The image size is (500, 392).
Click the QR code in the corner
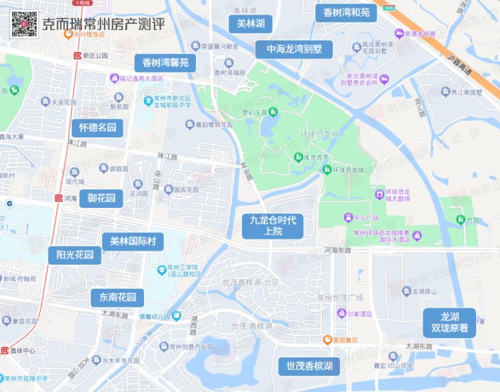[x=23, y=24]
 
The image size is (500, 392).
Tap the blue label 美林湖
[x=251, y=24]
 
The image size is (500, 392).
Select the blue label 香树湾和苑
[x=346, y=13]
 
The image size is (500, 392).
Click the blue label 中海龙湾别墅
[x=294, y=49]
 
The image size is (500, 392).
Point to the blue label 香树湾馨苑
[x=166, y=63]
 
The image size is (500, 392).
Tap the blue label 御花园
[x=102, y=198]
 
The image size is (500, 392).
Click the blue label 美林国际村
[x=133, y=241]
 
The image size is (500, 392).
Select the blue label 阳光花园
[x=75, y=255]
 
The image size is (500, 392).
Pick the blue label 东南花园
[x=117, y=297]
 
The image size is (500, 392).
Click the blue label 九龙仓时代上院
[x=273, y=225]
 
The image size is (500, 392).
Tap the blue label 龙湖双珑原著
[x=449, y=322]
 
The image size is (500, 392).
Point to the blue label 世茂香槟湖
[x=309, y=366]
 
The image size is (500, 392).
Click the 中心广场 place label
[x=365, y=218]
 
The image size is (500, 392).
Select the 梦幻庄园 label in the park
[x=254, y=112]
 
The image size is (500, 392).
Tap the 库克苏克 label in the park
[x=313, y=157]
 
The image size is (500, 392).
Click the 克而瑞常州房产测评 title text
[x=103, y=25]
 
